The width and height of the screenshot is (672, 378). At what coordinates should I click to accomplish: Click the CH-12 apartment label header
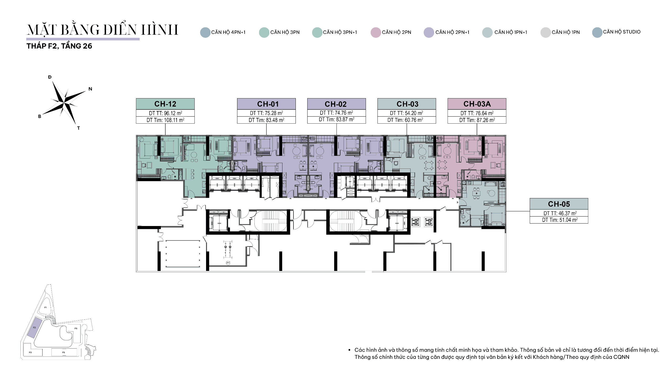(165, 104)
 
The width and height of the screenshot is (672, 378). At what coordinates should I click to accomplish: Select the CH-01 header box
(266, 104)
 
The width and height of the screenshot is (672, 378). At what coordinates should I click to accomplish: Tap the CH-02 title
(336, 104)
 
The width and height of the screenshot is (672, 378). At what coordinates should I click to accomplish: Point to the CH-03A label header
(477, 104)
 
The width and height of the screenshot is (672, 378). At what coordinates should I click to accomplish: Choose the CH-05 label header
(559, 204)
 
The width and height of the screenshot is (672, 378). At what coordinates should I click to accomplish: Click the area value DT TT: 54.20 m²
(406, 113)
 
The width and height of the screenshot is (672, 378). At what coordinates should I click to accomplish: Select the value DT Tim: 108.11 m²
(165, 120)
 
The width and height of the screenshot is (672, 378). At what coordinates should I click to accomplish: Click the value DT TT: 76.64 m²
(477, 113)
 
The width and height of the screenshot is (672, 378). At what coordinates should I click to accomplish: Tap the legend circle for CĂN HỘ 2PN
(376, 33)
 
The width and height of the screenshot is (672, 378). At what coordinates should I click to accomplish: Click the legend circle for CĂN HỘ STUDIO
(597, 33)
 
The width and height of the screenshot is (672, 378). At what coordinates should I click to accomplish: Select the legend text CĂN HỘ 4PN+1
(228, 32)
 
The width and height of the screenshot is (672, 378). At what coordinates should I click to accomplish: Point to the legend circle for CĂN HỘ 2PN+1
(429, 33)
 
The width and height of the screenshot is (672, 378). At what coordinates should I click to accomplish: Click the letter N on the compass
(90, 89)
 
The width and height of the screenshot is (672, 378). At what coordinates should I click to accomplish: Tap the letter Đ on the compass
(50, 77)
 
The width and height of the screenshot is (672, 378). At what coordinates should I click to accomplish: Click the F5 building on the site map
(64, 352)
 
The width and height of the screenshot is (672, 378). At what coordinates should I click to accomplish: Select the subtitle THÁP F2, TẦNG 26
(59, 46)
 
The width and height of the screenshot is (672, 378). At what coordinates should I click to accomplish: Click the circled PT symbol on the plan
(228, 263)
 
